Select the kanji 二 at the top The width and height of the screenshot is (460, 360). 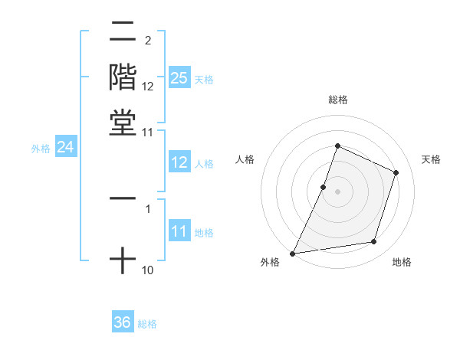click(x=123, y=33)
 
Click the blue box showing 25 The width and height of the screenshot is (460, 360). click(x=179, y=77)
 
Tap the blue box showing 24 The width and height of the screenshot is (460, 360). click(x=65, y=147)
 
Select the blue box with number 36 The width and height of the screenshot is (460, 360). click(x=123, y=322)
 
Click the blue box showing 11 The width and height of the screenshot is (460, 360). click(x=179, y=231)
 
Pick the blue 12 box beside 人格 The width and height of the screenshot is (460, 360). click(x=179, y=162)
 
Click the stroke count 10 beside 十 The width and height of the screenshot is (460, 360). click(x=147, y=270)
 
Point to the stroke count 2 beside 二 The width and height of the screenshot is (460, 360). click(x=147, y=40)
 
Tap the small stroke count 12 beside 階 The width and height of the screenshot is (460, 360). click(x=148, y=86)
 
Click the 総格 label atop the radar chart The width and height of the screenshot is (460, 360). click(x=338, y=100)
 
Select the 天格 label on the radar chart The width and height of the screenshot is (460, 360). click(x=431, y=159)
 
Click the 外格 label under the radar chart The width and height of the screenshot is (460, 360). click(x=271, y=262)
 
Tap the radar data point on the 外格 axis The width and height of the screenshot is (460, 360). click(x=293, y=253)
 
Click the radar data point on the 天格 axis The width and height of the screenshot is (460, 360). click(x=396, y=172)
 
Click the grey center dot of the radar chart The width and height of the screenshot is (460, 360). click(x=338, y=191)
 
